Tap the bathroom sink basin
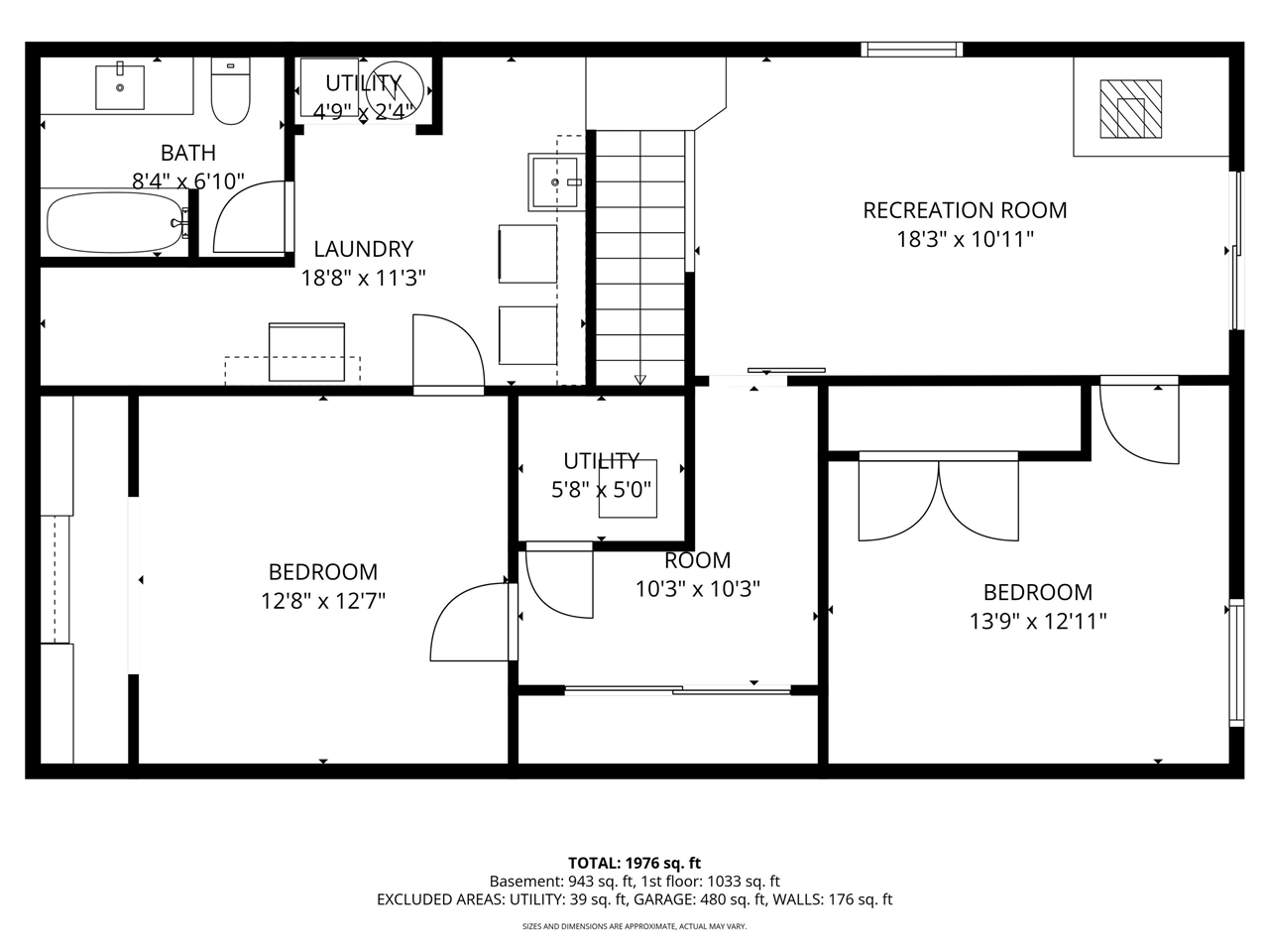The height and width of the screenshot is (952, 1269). (120, 87)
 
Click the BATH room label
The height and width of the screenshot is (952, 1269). (188, 153)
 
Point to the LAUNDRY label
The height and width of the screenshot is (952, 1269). (363, 249)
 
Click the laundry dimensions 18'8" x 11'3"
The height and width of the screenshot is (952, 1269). (363, 279)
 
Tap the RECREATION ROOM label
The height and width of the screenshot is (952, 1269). (965, 210)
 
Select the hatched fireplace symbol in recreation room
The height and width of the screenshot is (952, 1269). (1129, 109)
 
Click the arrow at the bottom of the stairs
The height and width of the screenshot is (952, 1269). (639, 378)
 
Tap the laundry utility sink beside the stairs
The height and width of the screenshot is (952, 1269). (555, 181)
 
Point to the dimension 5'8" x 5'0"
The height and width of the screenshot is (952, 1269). (602, 490)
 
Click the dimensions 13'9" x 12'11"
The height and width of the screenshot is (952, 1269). (1037, 622)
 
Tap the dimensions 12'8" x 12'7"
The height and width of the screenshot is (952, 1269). (322, 601)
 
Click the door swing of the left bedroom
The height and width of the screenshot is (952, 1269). (466, 625)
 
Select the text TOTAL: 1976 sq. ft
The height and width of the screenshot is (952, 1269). (634, 863)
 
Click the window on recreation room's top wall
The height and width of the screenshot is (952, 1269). (911, 49)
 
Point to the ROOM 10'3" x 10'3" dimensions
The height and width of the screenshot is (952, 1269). (697, 589)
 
